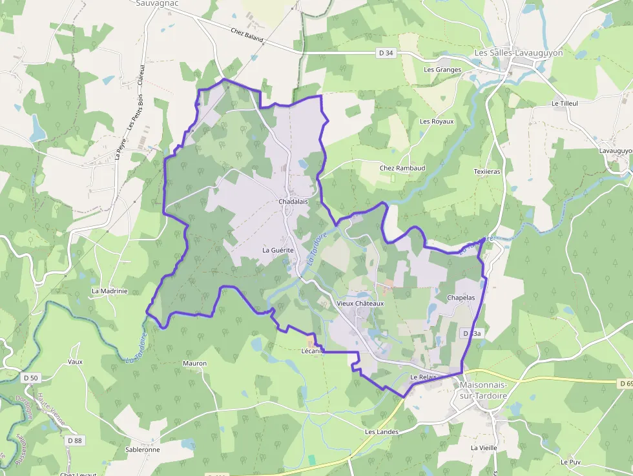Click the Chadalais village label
[293, 202]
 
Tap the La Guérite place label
[278, 250]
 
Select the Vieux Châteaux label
[360, 303]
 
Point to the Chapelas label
[461, 298]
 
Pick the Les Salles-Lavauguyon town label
[519, 53]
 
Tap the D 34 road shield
[386, 53]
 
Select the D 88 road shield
[75, 440]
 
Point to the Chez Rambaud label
[402, 168]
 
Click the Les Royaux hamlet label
[437, 121]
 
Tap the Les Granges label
[442, 70]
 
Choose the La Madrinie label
[110, 291]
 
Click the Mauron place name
[195, 364]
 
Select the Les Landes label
[382, 431]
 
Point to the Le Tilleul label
[565, 103]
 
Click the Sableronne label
[143, 450]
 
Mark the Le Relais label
[424, 377]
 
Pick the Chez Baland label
[247, 36]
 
